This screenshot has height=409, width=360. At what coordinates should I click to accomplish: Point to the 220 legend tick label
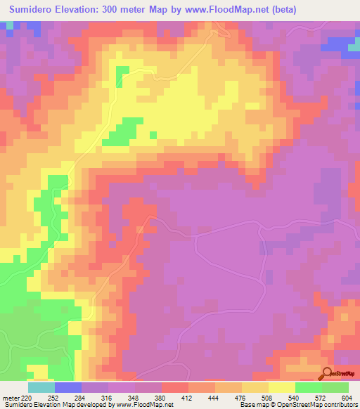[x=27, y=397]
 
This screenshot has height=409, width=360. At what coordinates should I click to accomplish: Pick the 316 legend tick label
[x=108, y=397]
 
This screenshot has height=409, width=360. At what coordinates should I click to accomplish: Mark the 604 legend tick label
[x=347, y=397]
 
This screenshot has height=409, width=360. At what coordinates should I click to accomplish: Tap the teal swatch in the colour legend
[x=41, y=387]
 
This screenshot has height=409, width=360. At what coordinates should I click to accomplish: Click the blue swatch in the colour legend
[x=68, y=387]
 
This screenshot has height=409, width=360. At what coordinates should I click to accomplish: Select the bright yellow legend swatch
[x=282, y=387]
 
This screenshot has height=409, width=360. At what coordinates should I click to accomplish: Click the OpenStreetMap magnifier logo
[x=328, y=374]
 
